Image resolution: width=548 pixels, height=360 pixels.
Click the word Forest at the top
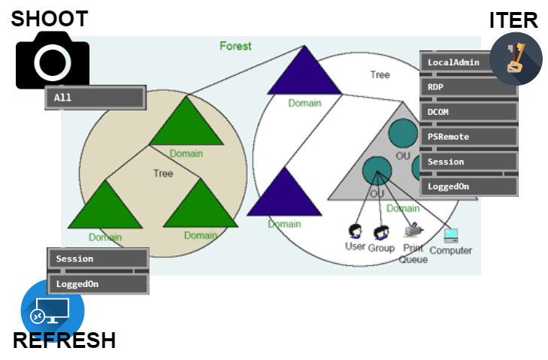[235, 46]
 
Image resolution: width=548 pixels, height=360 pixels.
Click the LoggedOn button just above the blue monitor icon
[98, 284]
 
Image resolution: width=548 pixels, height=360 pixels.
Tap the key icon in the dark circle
[516, 59]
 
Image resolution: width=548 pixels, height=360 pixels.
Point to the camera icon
[51, 60]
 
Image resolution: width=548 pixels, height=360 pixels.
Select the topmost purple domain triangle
[304, 74]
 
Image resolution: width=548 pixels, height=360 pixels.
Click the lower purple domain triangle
[283, 195]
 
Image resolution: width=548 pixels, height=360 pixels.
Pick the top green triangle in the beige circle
[186, 124]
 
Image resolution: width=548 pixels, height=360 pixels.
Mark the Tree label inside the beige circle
[163, 174]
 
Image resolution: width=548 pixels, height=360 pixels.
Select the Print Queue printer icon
[413, 231]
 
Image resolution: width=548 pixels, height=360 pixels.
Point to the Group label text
[381, 248]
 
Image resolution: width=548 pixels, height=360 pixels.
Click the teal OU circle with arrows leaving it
[377, 171]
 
